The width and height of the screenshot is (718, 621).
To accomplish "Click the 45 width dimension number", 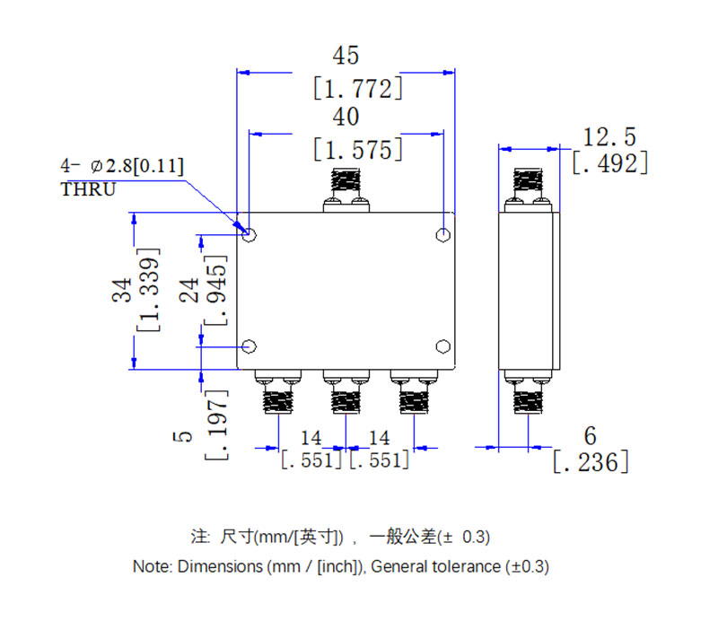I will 346,56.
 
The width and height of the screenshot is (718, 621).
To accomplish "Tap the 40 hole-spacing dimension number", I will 346,117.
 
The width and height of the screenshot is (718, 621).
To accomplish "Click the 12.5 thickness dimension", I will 609,137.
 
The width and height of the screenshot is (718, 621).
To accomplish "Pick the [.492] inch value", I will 609,163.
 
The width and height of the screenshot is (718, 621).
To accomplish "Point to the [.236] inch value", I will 590,462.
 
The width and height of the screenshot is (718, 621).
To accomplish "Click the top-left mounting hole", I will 250,235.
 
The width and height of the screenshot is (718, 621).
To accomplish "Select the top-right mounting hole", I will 442,235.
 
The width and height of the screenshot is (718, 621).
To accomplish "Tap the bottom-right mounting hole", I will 442,346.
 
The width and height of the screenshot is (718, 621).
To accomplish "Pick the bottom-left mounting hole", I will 250,346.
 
